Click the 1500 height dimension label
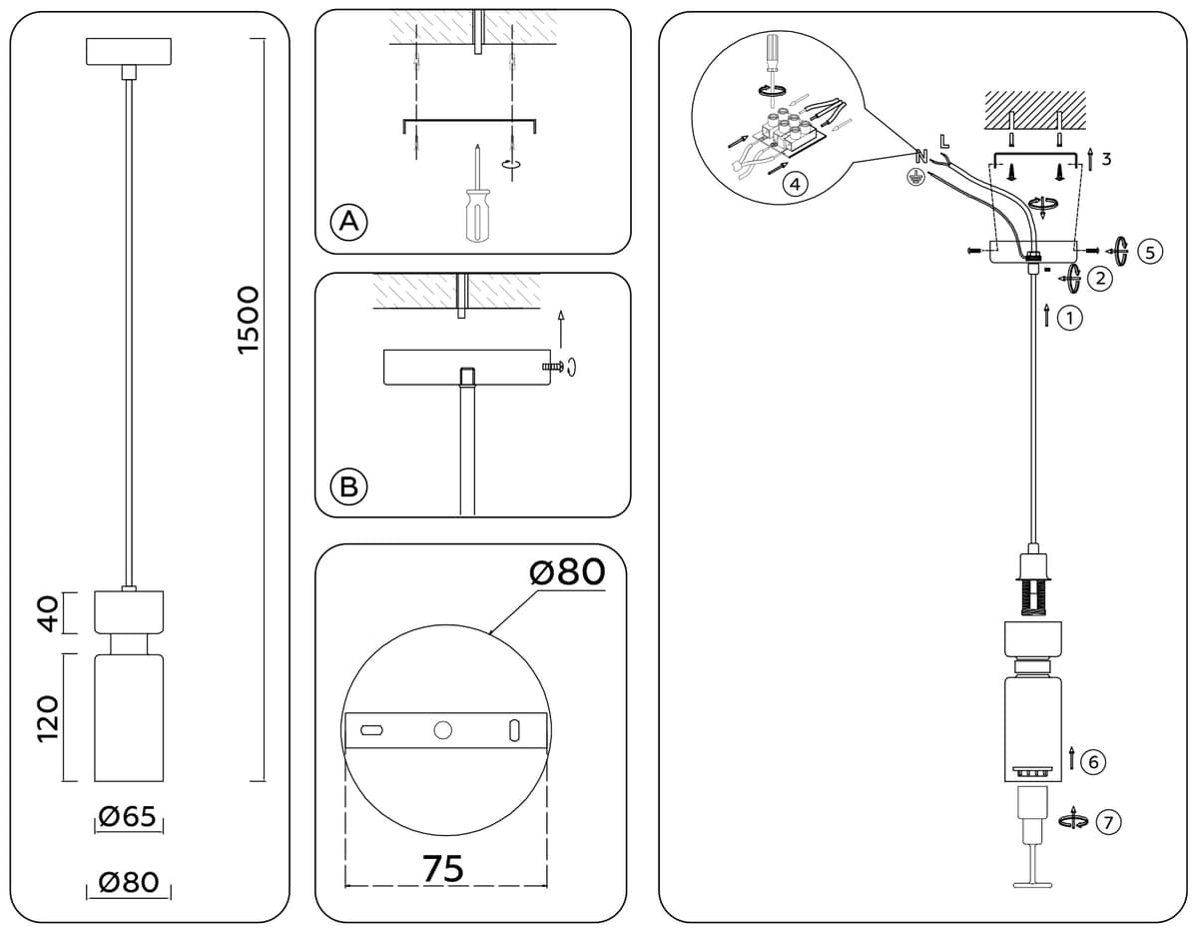coord(249,320)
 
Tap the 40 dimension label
coord(49,613)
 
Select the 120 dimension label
coord(49,719)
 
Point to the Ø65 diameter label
coord(128,816)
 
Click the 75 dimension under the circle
coord(444,869)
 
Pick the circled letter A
coord(348,223)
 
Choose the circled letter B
coord(348,486)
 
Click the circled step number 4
coord(795,184)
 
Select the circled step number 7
coord(1108,822)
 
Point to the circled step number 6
coord(1093,761)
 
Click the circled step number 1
coord(1069,319)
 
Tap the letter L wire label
coord(945,142)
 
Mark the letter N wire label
coord(921,157)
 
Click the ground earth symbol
coord(916,178)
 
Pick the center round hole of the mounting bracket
coord(442,730)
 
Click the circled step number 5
coord(1150,252)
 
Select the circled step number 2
coord(1100,279)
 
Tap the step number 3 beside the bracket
coord(1106,160)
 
